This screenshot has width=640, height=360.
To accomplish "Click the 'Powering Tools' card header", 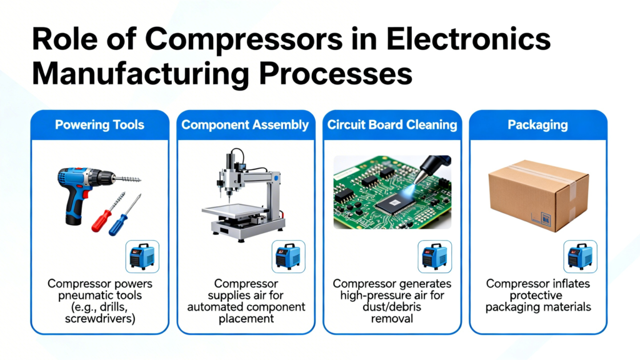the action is pos(99,125).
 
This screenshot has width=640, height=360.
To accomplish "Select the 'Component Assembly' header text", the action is pos(245,125).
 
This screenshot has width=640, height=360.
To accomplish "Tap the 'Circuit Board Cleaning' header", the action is pos(392,125).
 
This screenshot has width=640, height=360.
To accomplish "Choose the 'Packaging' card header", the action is pos(537,125).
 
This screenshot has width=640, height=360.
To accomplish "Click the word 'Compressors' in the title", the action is pos(244,39).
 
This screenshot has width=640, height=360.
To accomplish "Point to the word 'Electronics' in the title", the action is pos(469,39).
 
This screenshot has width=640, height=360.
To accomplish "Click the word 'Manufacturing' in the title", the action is pos(141,74).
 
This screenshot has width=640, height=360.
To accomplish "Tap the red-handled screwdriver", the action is pos(108,212).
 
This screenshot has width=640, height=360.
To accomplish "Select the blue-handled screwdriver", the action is pos(124,216).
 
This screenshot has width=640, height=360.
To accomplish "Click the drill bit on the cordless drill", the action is pos(127,179).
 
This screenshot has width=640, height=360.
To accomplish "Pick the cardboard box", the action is pos(539,195).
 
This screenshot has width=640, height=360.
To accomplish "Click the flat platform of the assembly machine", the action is pos(232,211).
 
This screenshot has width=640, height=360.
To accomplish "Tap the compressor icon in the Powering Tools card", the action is pos(142,257).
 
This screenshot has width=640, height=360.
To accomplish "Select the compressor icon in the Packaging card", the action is pos(581,257).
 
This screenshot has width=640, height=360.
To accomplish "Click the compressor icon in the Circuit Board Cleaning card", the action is pos(435,257).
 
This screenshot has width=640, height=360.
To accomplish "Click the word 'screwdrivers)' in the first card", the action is pos(100,319).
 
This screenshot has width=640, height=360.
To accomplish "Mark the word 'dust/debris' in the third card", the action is pos(392,307).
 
